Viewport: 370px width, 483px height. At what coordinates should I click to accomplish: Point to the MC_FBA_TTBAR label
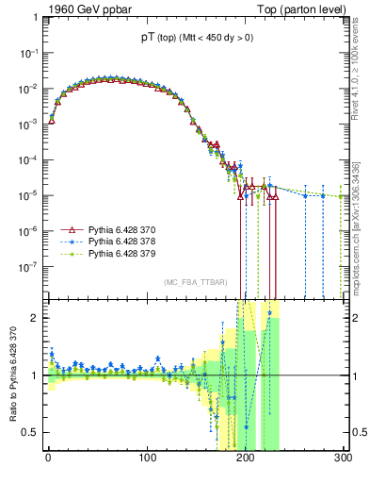click(193, 283)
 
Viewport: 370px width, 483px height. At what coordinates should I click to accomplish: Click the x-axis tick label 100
click(146, 459)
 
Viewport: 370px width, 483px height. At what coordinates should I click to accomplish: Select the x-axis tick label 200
click(245, 459)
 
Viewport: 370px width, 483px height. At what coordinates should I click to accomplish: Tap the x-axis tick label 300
click(343, 459)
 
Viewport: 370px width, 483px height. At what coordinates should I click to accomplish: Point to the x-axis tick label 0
click(48, 459)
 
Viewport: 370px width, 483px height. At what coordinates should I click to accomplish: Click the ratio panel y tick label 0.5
click(32, 433)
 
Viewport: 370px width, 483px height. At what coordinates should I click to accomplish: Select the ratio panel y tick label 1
click(36, 375)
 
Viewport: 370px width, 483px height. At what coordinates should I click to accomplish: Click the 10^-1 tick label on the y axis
click(29, 54)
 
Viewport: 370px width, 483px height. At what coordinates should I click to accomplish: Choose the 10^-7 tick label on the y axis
click(29, 266)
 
